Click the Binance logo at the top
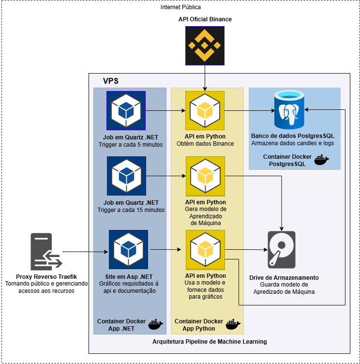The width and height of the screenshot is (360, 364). pos(205,45)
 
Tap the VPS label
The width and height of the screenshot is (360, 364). pos(111,81)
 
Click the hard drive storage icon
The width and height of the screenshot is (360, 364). pos(281,250)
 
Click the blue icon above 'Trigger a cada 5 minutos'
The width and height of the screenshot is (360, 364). pos(126,110)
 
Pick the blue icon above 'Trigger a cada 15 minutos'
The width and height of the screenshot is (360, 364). pos(126,176)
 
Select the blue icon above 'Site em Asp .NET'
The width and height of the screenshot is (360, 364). pos(128,249)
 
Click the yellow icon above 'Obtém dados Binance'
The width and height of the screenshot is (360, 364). pos(205,110)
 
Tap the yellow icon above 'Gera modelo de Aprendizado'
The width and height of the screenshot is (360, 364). pos(205,176)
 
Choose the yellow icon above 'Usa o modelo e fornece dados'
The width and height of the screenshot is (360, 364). pos(205,249)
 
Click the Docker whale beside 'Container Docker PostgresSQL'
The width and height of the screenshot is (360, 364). pos(321,160)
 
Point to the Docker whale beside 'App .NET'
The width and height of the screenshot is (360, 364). pos(155,324)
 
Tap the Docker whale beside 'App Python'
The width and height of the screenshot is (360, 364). pos(233,324)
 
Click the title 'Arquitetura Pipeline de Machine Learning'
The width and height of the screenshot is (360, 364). pos(210,342)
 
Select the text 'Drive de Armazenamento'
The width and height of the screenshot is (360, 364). pos(284,278)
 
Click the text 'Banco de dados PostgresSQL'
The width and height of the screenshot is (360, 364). pos(292,136)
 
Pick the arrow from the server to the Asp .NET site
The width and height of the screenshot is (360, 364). pos(99,252)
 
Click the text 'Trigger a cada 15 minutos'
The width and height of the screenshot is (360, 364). pos(131,210)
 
